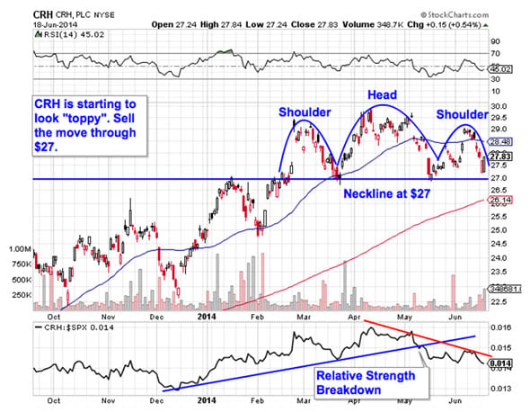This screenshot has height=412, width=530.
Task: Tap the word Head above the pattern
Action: pos(382,94)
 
